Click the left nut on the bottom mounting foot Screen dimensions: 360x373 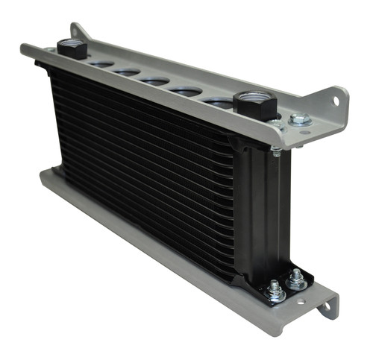(276, 293)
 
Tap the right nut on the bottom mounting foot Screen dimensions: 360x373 (296, 280)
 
